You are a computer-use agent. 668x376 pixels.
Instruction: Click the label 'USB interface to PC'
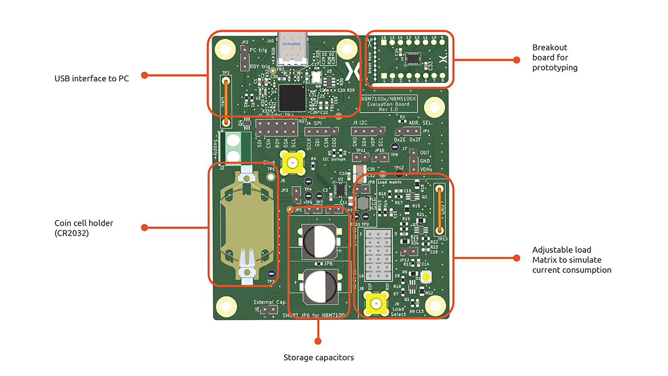[91, 79]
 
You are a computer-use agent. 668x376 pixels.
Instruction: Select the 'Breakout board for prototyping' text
[554, 58]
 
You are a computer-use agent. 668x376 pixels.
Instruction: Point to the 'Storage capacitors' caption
[318, 358]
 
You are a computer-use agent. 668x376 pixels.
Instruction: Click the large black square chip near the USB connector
[292, 97]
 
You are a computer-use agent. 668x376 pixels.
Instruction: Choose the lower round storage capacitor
[318, 286]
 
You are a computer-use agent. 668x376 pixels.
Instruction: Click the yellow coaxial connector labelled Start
[291, 163]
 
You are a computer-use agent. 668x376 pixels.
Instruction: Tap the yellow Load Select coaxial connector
[376, 304]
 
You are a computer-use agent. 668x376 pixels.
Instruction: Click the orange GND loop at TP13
[439, 211]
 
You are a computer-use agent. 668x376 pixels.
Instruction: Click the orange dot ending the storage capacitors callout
[318, 340]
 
